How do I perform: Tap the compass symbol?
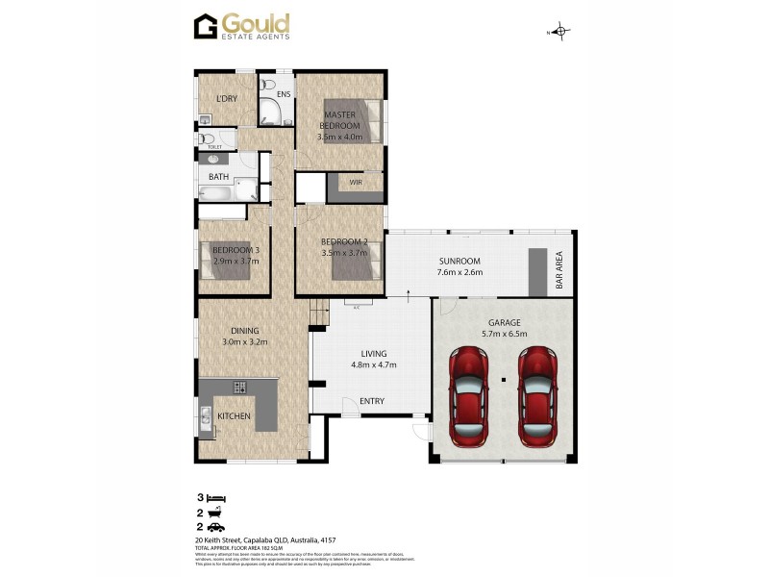click(561, 32)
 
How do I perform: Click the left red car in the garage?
click(470, 396)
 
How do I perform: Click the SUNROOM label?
click(459, 262)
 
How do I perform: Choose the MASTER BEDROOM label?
click(339, 121)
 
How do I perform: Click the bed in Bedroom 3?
click(231, 260)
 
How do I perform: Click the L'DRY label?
click(227, 98)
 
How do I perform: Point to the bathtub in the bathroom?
click(215, 192)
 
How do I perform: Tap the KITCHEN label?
click(234, 415)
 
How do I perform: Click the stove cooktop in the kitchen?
click(239, 388)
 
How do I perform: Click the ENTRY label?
click(371, 400)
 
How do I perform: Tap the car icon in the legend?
click(218, 527)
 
